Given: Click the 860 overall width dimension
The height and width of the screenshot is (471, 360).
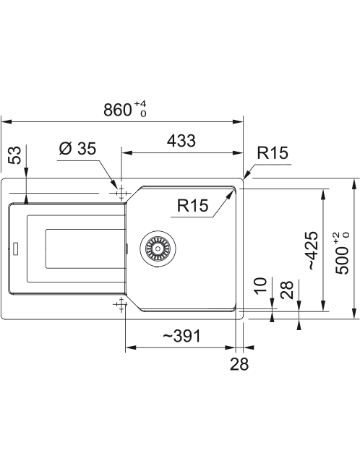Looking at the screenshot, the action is click(x=118, y=110).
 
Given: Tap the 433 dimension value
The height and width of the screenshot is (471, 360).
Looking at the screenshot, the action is click(x=181, y=141).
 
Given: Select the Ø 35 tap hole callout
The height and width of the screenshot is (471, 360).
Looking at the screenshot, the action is click(x=77, y=148).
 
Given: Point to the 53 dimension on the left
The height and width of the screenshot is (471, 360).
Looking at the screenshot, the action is click(x=14, y=155).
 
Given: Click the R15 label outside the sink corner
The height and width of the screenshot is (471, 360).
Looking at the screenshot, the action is click(x=273, y=152).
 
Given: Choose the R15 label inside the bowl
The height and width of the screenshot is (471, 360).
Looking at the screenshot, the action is click(x=192, y=205).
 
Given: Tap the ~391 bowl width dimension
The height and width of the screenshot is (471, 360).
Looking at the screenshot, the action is click(x=181, y=336).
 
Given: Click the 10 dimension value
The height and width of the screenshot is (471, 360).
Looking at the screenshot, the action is click(x=260, y=285).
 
